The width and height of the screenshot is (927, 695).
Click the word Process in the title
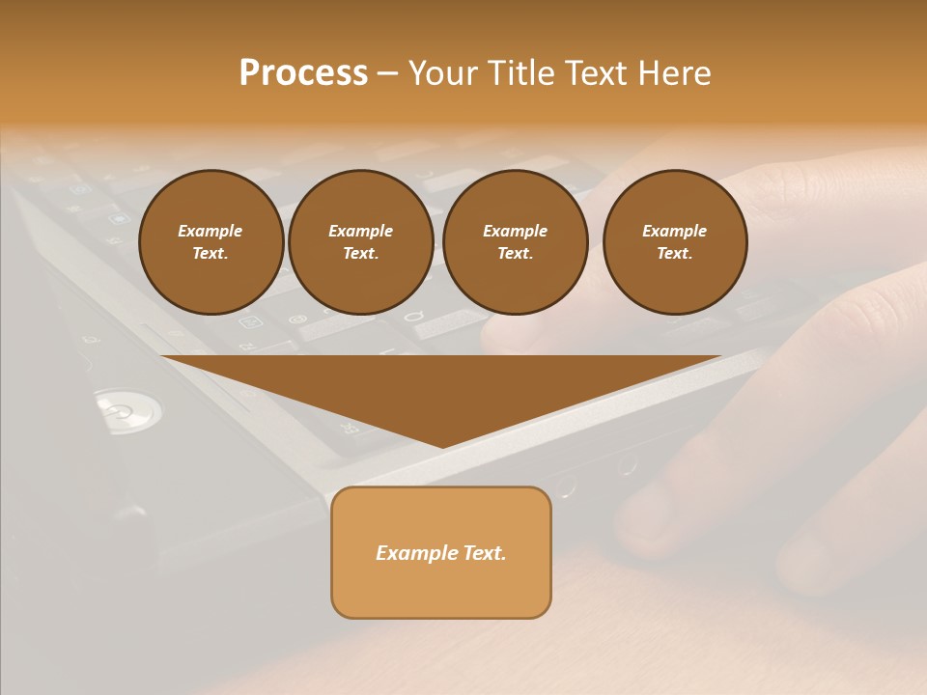(x=303, y=73)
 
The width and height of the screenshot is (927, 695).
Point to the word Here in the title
(x=674, y=73)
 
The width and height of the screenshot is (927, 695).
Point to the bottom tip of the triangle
(x=443, y=445)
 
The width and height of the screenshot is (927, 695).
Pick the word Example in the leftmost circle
(x=211, y=231)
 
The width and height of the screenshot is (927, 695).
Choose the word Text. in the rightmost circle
(x=675, y=253)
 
